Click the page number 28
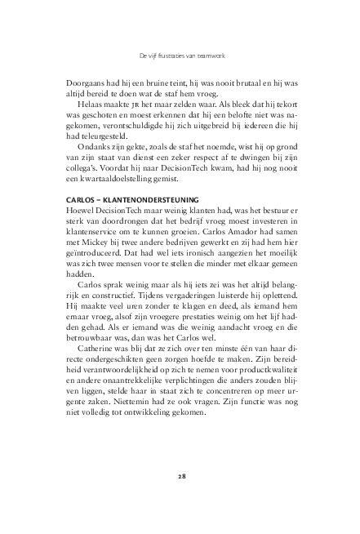180,474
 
